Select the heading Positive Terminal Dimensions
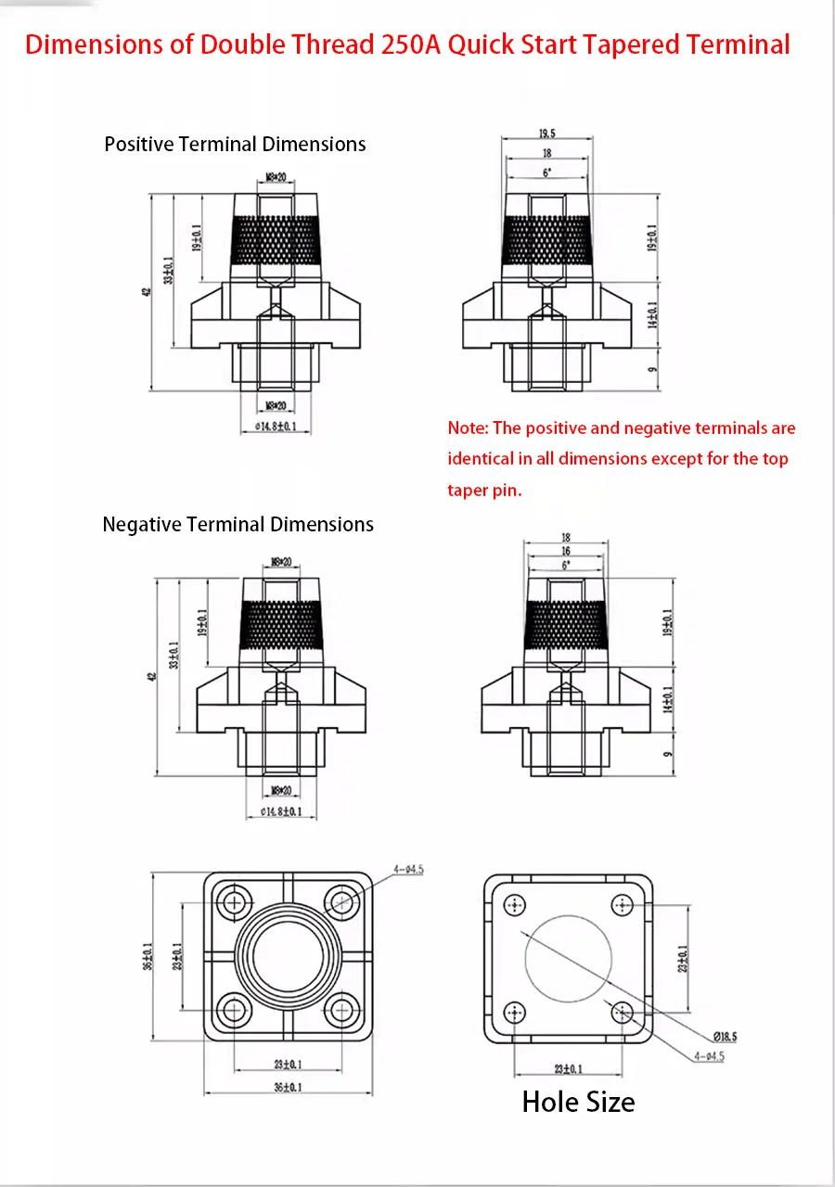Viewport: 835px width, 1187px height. (235, 145)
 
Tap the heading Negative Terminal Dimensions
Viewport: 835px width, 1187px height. (238, 525)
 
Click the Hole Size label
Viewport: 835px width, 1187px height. (578, 1102)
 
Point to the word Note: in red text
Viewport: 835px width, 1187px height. (468, 428)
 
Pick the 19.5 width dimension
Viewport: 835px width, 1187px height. (546, 134)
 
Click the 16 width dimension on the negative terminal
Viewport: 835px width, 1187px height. (566, 551)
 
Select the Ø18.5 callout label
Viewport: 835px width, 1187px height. (725, 1037)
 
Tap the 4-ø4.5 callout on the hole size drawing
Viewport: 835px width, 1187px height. (710, 1056)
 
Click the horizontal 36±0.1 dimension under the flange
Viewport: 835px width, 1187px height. (288, 1087)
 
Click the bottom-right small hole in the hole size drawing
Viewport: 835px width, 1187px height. (623, 1012)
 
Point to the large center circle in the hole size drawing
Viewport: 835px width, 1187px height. (568, 959)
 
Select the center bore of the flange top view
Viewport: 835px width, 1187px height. (288, 955)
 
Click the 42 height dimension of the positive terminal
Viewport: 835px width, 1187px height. (146, 291)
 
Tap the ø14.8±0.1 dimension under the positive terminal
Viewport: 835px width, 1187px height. (276, 427)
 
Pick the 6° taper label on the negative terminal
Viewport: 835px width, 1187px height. (566, 564)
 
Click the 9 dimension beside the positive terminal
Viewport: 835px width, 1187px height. (652, 369)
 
